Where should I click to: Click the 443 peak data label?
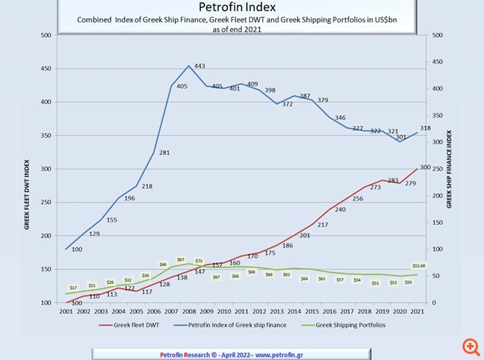[x=200, y=66]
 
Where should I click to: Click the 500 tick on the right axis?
[x=438, y=35]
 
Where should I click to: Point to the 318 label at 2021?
[x=426, y=128]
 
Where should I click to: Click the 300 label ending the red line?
[x=426, y=168]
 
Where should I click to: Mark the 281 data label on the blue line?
[x=165, y=153]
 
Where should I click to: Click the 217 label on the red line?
[x=322, y=224]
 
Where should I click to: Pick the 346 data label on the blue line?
[x=340, y=118]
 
